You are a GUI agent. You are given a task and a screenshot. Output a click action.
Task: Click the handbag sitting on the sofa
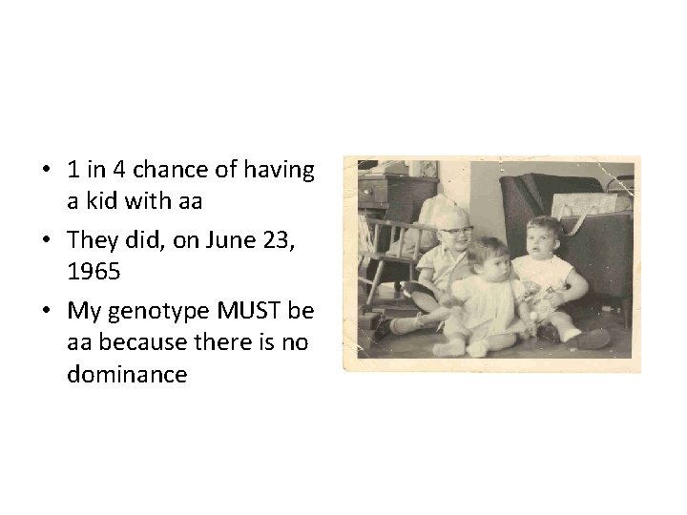coord(588,205)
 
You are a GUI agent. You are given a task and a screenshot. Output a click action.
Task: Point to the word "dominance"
coord(128,375)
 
